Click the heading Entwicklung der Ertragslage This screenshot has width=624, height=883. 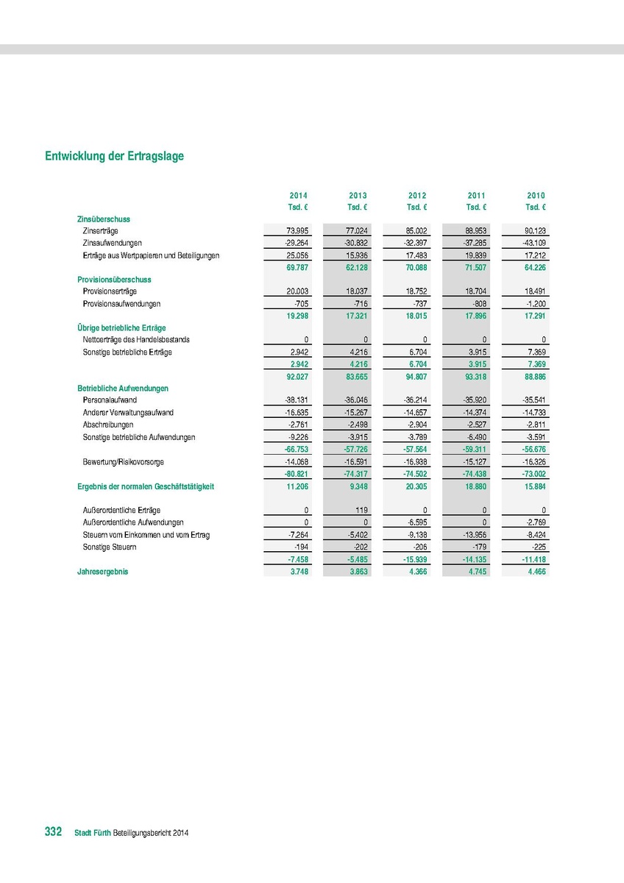click(x=114, y=156)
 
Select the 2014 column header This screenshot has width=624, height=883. click(x=298, y=195)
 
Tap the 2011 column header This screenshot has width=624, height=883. click(x=476, y=195)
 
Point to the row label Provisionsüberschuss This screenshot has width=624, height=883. click(x=114, y=280)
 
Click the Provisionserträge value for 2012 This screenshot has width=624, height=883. click(x=416, y=291)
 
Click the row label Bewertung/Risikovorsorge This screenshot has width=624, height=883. click(x=124, y=461)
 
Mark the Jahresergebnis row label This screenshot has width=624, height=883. click(x=102, y=572)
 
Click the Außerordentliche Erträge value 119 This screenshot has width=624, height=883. click(x=361, y=510)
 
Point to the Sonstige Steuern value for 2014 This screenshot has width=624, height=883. click(x=300, y=547)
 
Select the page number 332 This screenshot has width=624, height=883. click(x=53, y=831)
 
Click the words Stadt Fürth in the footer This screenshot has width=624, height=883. click(x=93, y=833)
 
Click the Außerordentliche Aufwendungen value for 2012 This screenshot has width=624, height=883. click(x=416, y=522)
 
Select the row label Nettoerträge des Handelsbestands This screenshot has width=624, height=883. click(x=137, y=339)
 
